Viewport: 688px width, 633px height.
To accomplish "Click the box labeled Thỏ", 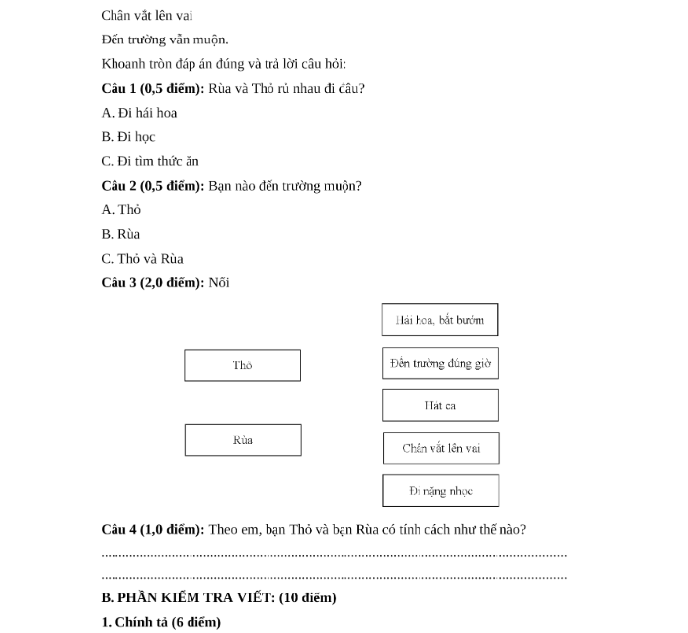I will pos(242,365).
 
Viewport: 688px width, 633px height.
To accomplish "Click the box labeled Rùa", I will pos(242,440).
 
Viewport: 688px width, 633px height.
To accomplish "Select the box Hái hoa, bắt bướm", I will pos(440,320).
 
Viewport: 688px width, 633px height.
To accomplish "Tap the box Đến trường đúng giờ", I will pos(440,363).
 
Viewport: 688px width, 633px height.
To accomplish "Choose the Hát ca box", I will pos(440,405).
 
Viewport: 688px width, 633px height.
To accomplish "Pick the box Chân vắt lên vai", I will pos(440,448).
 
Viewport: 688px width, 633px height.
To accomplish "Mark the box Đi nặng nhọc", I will pos(440,491).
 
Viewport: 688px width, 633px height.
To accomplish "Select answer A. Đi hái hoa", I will pos(139,113).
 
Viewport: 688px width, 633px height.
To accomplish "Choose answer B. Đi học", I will pos(128,137).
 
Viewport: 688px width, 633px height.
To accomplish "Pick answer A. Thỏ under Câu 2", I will pos(121,210).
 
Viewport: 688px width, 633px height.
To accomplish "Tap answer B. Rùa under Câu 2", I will pos(121,234).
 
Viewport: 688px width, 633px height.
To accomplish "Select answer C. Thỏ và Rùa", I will pos(142,259).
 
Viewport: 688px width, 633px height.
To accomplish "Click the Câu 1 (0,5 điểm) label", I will pos(152,89).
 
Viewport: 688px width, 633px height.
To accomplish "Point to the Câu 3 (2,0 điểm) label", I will pos(152,283).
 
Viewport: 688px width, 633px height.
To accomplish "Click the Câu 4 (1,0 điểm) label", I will pos(152,529).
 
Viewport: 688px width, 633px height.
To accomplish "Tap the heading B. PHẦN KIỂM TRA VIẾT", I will pos(218,598).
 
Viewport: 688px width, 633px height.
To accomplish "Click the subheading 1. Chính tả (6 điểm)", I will pos(161,622).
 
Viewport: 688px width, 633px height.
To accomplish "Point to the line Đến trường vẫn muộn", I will pos(165,40).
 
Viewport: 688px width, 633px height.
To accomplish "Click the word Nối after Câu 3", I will pos(220,283).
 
